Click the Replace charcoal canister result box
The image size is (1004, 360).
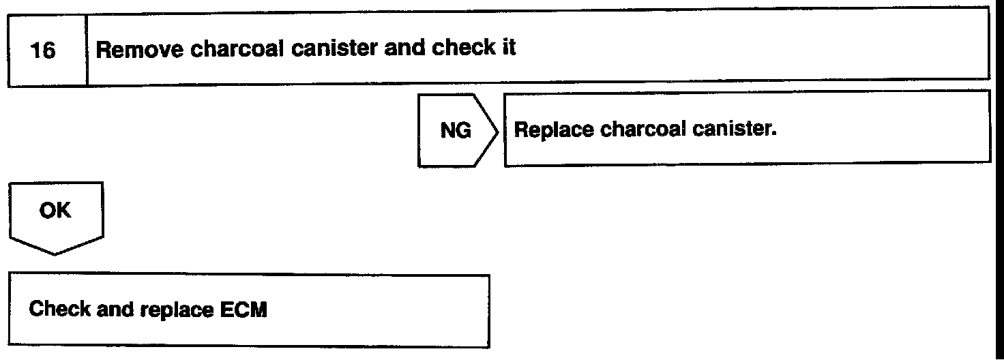click(x=746, y=130)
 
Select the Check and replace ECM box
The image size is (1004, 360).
click(x=249, y=311)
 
